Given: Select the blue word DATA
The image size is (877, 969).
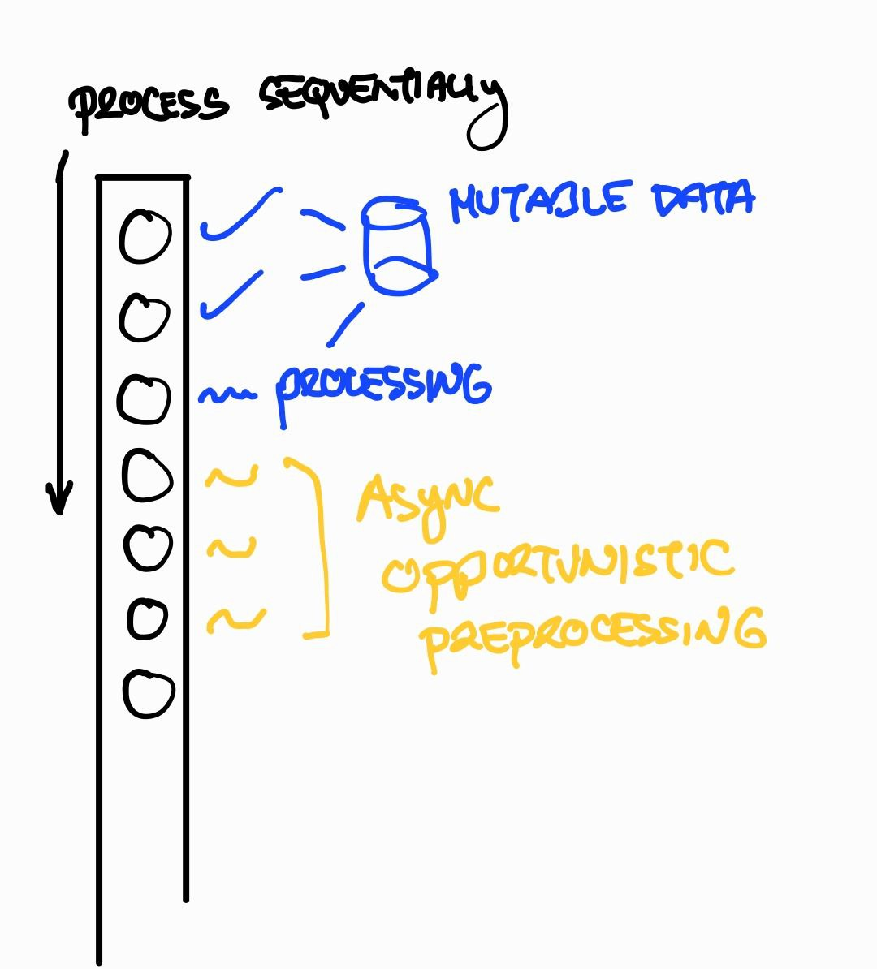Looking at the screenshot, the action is [x=704, y=198].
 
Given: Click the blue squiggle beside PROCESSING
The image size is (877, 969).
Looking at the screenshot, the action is [x=227, y=394].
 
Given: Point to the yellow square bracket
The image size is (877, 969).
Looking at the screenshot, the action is [x=322, y=544].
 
